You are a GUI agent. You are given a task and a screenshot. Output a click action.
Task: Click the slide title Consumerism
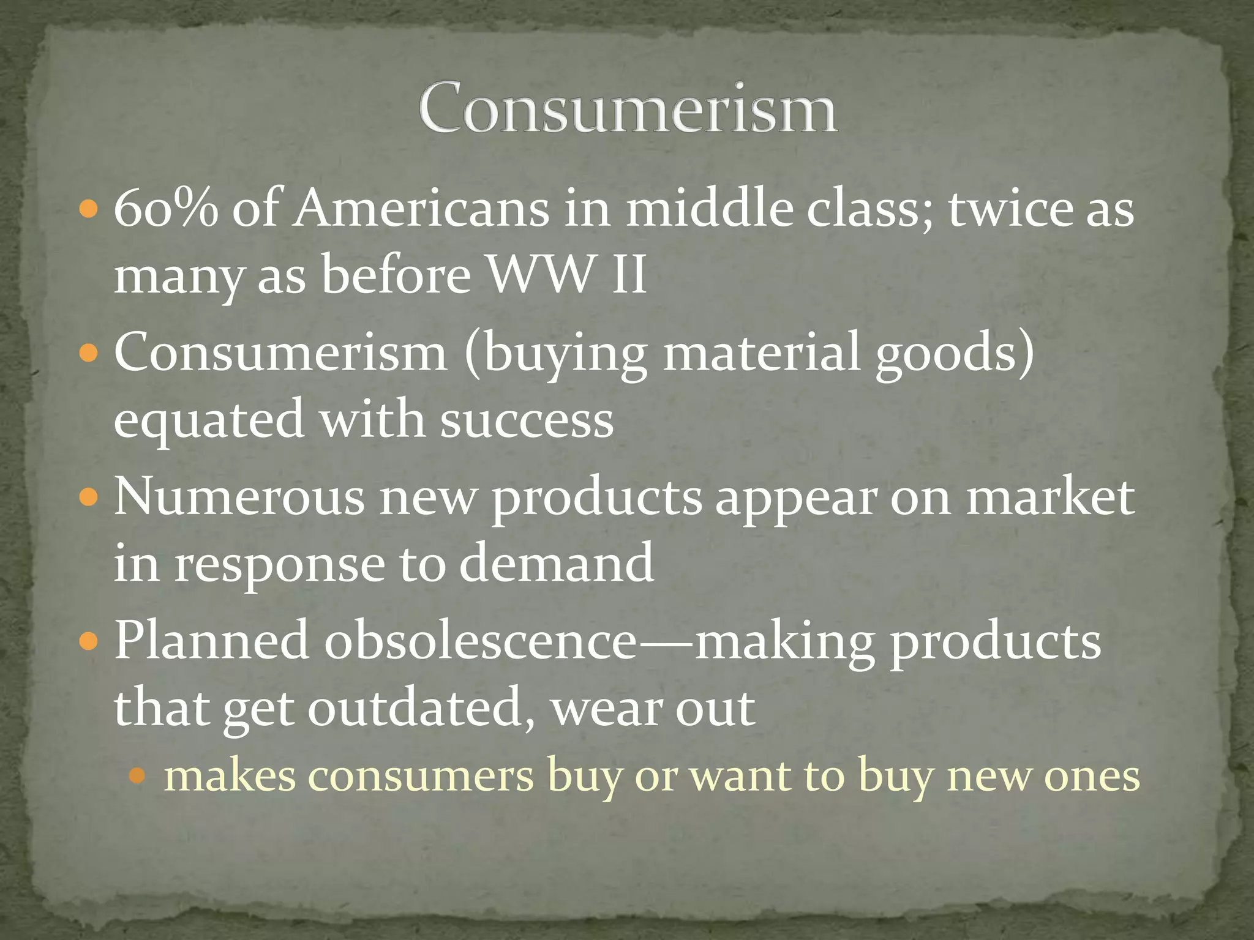[628, 108]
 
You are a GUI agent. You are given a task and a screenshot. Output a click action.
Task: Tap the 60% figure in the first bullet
[166, 209]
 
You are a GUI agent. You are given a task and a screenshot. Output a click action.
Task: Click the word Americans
[421, 209]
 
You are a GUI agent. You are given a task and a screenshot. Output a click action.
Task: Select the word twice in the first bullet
[1010, 209]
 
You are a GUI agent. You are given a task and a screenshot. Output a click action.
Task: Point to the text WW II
[566, 275]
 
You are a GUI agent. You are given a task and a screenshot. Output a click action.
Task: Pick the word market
[1050, 498]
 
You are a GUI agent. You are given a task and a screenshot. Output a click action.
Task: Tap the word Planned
[212, 641]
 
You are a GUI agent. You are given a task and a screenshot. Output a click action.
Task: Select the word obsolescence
[481, 641]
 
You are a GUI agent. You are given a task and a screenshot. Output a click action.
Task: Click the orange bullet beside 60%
[89, 211]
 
